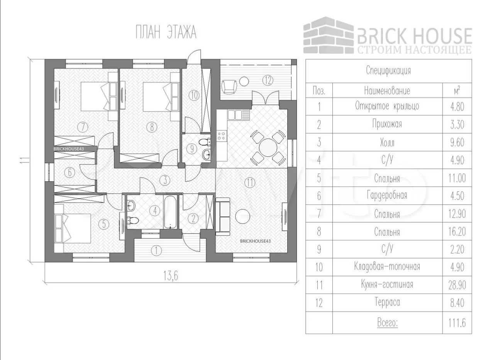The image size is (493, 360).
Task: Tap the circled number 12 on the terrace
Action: pos(268,80)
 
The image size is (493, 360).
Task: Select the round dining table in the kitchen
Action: pos(267,147)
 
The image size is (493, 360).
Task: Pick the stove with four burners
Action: pos(222,135)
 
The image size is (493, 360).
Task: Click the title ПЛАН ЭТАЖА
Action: pos(166,33)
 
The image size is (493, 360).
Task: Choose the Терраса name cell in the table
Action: pos(387,303)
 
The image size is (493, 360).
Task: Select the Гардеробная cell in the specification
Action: pos(387,196)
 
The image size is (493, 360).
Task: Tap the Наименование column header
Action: pos(387,91)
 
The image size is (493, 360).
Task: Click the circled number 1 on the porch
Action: pos(156,250)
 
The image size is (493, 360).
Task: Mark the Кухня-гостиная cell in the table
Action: pos(387,285)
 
